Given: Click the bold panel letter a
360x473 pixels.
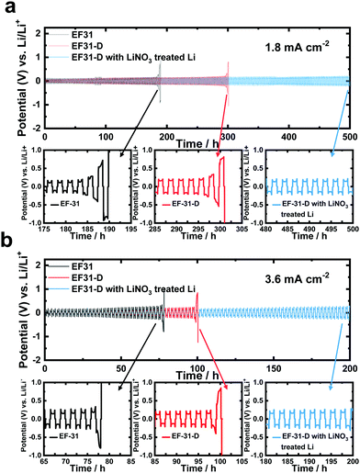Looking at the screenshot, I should click(7, 8).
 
